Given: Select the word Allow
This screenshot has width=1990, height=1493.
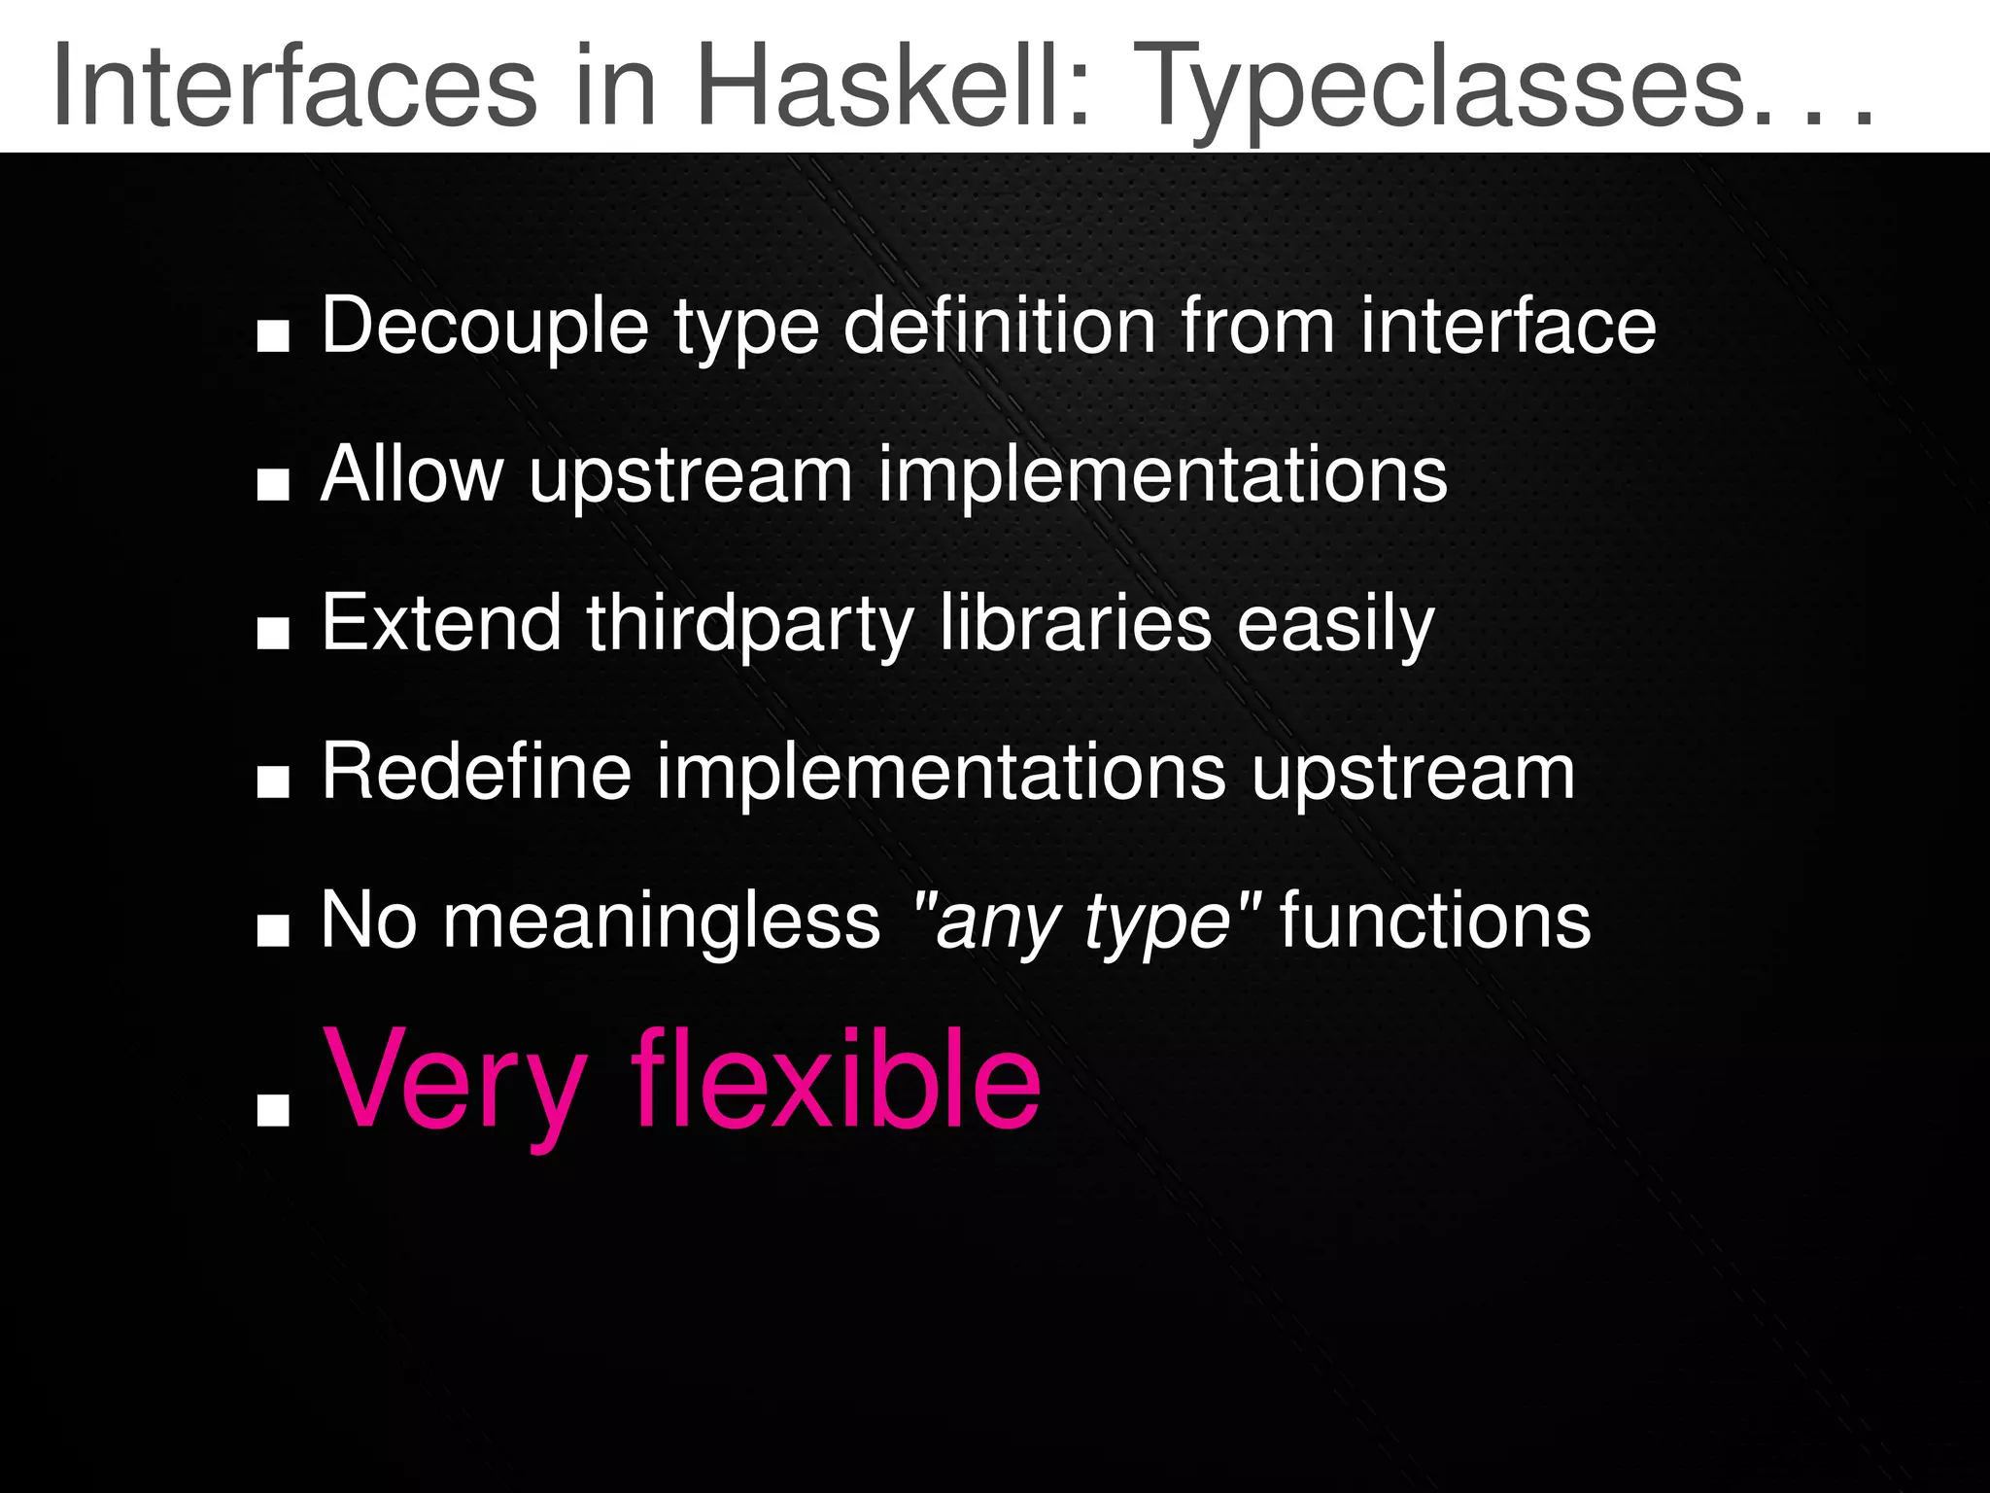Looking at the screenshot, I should click(412, 474).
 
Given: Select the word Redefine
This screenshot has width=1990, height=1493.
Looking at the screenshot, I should click(476, 772).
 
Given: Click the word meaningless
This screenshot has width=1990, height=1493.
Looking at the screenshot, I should click(662, 921).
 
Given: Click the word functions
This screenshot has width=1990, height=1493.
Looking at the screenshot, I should click(1435, 921).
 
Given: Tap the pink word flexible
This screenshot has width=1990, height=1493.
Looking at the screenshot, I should click(836, 1079).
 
